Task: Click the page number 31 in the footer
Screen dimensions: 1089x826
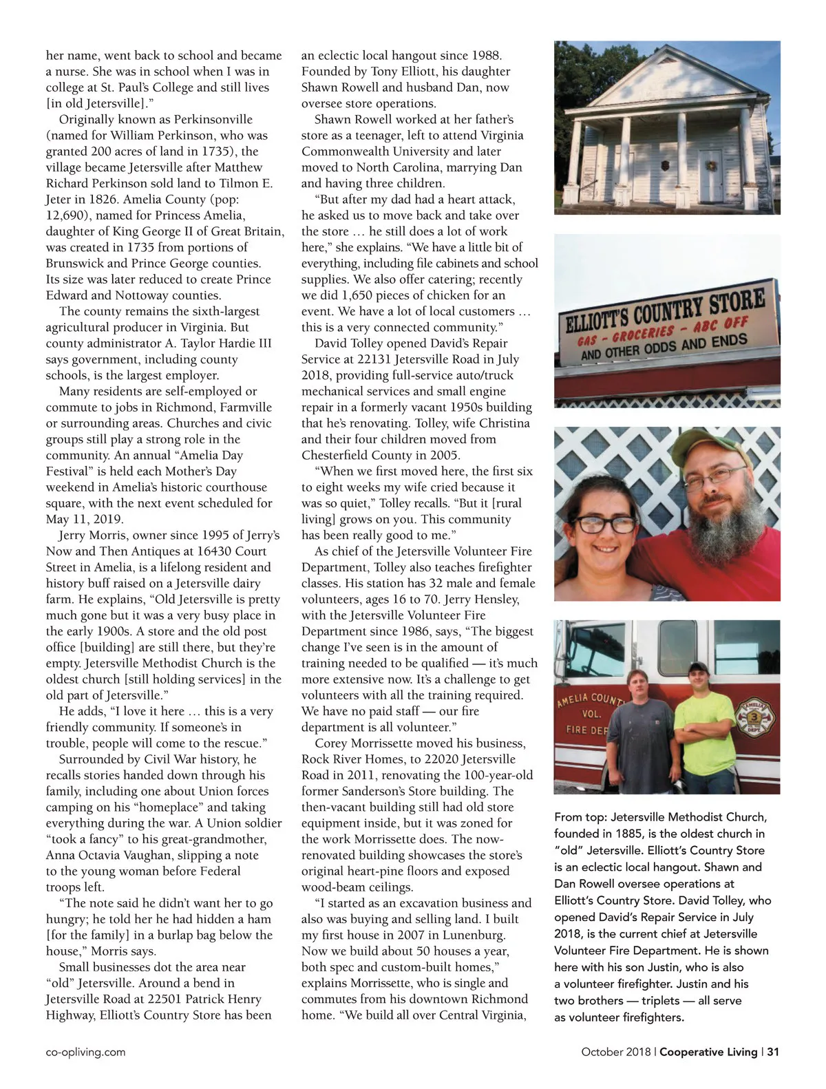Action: [x=773, y=1052]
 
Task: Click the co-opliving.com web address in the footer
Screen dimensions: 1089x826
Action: [x=85, y=1052]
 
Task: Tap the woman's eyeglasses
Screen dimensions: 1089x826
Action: [x=605, y=525]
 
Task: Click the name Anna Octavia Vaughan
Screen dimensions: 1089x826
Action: [x=118, y=856]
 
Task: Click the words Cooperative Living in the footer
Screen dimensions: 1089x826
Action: [x=708, y=1052]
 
